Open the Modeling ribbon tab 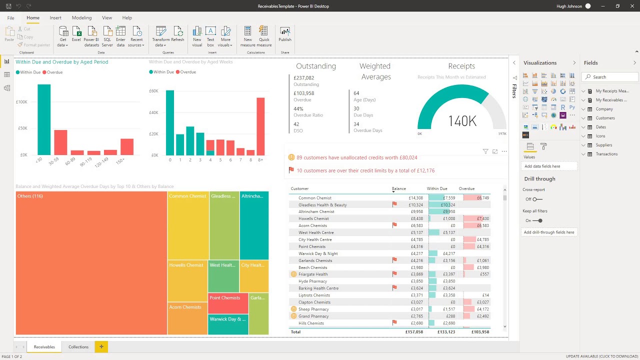click(81, 18)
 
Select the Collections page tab click(78, 346)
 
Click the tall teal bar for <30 click(44, 119)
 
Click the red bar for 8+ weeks click(260, 126)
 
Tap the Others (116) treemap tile click(91, 262)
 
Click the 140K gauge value click(462, 121)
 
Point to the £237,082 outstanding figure click(304, 78)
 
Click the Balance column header click(399, 189)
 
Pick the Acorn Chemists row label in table click(312, 225)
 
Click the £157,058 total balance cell click(413, 332)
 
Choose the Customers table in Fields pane click(605, 118)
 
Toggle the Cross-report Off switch click(537, 199)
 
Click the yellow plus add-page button click(101, 346)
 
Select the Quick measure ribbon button click(264, 36)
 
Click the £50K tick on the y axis click(22, 128)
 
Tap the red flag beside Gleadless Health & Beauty click(394, 204)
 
